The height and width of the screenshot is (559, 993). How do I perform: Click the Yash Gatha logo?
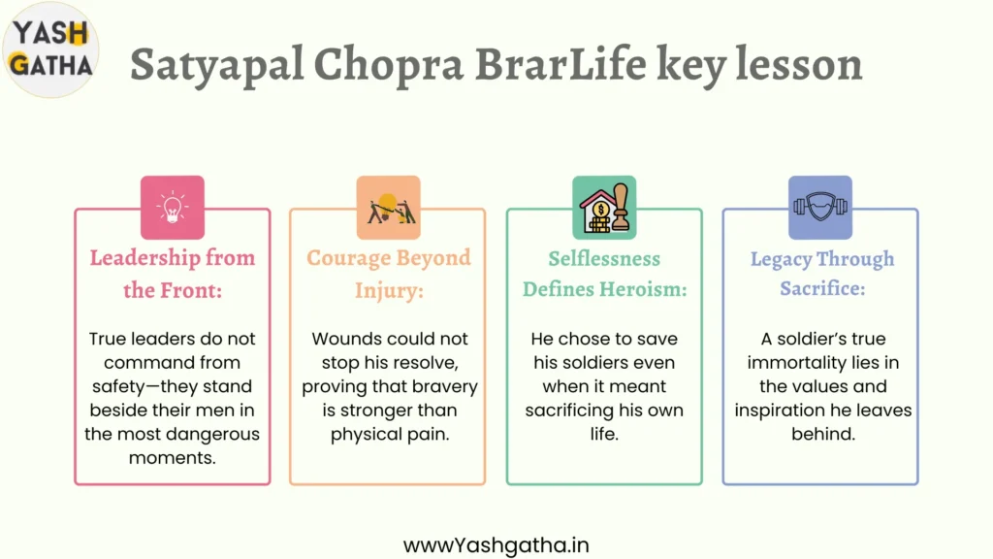click(50, 49)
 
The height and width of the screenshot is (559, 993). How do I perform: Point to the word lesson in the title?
click(799, 63)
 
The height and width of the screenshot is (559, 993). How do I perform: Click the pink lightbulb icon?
click(173, 208)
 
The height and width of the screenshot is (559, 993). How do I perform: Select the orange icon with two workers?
click(388, 208)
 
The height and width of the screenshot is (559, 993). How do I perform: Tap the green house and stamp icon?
click(604, 208)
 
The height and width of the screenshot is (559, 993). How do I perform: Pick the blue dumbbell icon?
click(820, 208)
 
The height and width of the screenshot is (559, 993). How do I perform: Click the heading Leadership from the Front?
click(173, 274)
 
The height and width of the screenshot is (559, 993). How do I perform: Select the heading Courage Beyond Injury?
click(389, 274)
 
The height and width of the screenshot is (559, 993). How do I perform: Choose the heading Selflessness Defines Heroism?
click(604, 274)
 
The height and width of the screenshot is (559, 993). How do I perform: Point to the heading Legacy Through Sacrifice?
click(822, 274)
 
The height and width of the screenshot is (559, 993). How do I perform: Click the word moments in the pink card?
click(173, 458)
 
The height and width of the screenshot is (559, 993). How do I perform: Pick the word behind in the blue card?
click(823, 434)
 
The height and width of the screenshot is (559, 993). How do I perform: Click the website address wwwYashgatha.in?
click(496, 545)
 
